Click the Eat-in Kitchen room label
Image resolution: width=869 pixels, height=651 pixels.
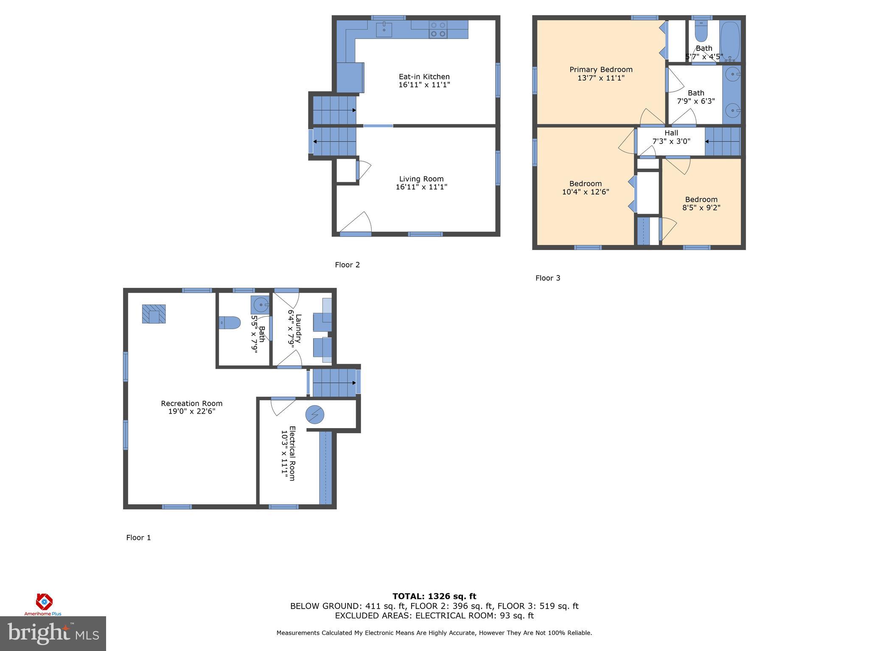click(424, 77)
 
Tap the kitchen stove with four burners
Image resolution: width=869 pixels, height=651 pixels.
click(438, 30)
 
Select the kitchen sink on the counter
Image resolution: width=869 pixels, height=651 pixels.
click(384, 29)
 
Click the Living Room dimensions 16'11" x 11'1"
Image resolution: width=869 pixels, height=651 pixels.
click(421, 187)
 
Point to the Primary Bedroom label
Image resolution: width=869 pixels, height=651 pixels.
click(601, 70)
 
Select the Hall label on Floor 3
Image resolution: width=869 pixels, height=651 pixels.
click(671, 133)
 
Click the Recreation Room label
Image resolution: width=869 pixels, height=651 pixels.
click(191, 403)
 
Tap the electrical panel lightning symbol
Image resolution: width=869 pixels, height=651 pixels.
click(315, 415)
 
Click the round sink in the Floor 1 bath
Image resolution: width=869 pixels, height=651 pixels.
click(261, 304)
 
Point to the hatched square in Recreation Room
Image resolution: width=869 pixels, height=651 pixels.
click(154, 314)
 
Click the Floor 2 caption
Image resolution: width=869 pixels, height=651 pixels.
click(347, 265)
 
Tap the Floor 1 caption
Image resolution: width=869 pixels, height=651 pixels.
click(138, 538)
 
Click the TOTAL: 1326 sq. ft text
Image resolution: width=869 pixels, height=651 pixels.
click(434, 596)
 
